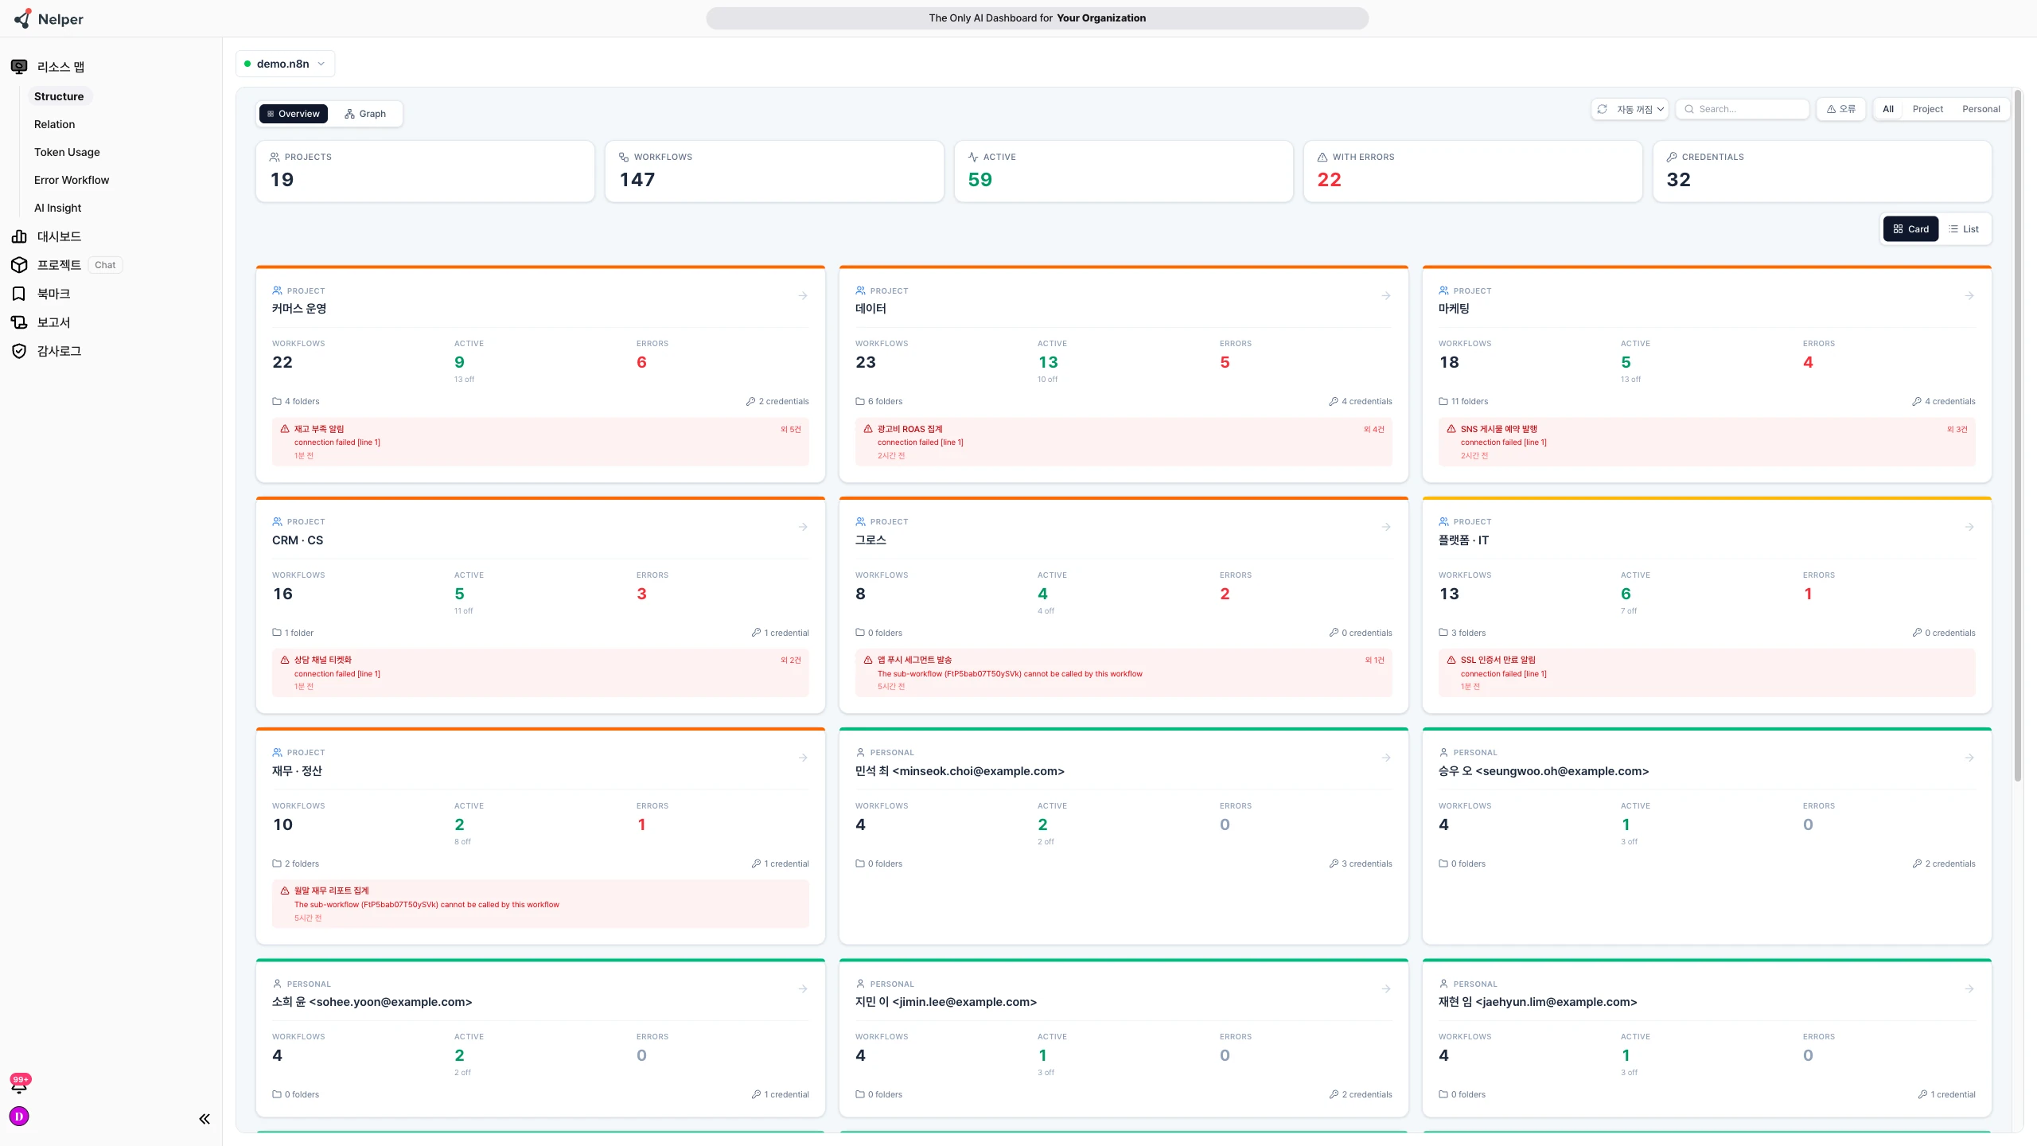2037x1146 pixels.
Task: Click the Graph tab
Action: [x=365, y=114]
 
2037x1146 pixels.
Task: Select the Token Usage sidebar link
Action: [x=67, y=152]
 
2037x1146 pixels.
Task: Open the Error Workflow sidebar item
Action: [x=72, y=180]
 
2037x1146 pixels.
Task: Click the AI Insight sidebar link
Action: [x=57, y=208]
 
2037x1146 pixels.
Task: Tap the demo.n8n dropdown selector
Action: [x=285, y=64]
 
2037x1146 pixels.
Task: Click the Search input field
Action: [x=1743, y=109]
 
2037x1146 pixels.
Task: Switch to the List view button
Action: [x=1964, y=229]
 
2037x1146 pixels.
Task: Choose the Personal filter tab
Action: [x=1981, y=109]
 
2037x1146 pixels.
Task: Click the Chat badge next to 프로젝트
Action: [x=105, y=265]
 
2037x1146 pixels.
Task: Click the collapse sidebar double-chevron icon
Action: [x=204, y=1119]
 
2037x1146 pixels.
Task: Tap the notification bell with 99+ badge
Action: [x=19, y=1084]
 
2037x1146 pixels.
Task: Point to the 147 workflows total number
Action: [x=637, y=180]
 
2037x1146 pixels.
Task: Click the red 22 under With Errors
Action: [x=1329, y=180]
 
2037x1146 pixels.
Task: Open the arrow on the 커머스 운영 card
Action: [x=803, y=296]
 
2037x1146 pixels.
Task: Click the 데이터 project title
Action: [x=870, y=309]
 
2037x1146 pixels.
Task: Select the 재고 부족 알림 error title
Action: [x=319, y=429]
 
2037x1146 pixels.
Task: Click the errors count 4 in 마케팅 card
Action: [x=1808, y=362]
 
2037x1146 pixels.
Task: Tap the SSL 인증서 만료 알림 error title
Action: [x=1498, y=660]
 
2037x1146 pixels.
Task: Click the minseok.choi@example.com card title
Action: [x=960, y=771]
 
